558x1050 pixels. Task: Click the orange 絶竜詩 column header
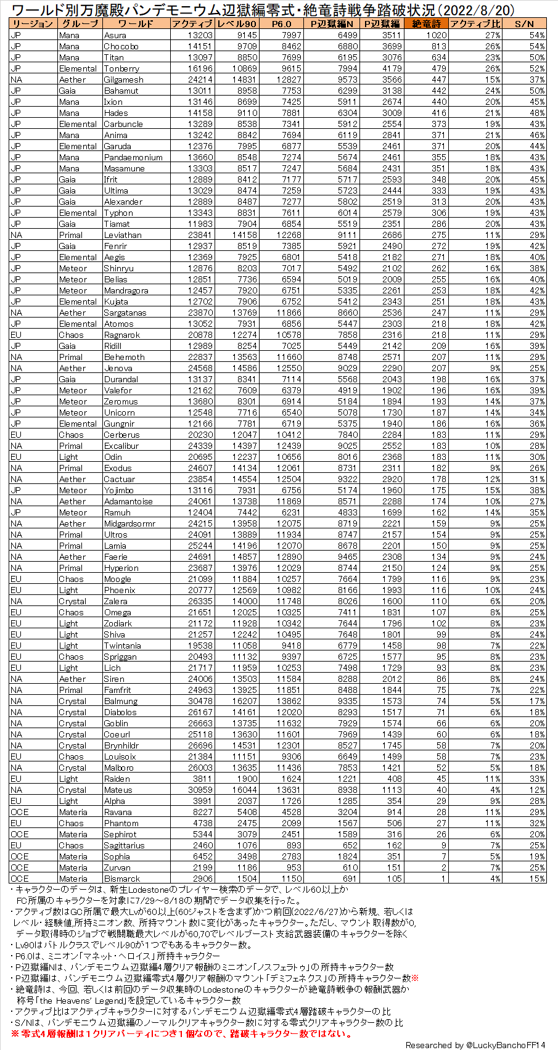click(x=426, y=23)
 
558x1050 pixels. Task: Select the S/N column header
click(x=524, y=23)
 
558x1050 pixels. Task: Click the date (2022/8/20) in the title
click(x=469, y=10)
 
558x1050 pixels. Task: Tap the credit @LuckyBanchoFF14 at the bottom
click(x=475, y=1045)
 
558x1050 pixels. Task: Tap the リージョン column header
click(x=32, y=23)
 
